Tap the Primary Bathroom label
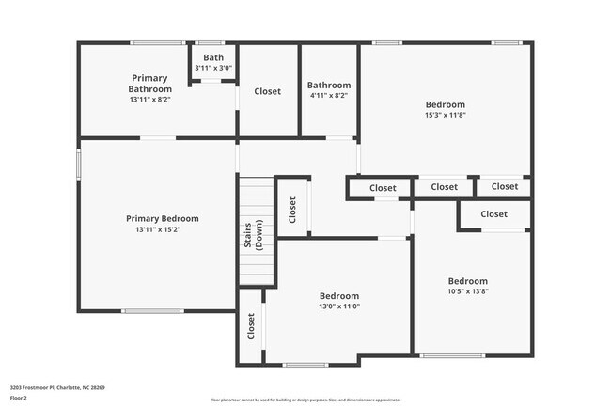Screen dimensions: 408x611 [149, 84]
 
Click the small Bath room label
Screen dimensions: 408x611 [213, 57]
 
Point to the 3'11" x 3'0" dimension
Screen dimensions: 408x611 [213, 68]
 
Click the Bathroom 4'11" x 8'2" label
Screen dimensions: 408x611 [329, 85]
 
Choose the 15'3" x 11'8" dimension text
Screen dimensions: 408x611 [446, 115]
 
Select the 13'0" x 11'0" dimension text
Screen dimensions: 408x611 [339, 306]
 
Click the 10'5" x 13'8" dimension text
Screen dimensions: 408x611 [467, 291]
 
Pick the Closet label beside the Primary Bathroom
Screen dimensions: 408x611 [267, 91]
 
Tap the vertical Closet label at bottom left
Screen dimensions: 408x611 [251, 326]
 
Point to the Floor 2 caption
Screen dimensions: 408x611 [20, 398]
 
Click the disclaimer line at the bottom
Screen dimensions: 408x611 [305, 400]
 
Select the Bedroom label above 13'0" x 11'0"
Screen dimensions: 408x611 [339, 295]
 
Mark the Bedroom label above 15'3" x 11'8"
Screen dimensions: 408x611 [446, 104]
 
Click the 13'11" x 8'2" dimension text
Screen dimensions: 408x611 [149, 99]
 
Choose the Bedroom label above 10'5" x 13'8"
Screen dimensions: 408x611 [467, 281]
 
